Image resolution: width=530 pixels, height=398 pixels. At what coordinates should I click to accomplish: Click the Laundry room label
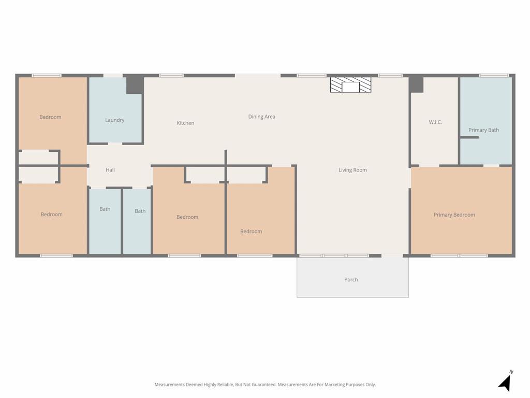click(x=114, y=120)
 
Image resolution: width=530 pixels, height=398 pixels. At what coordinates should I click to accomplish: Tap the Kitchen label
click(x=185, y=123)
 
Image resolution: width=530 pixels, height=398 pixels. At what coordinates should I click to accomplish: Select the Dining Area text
click(x=261, y=117)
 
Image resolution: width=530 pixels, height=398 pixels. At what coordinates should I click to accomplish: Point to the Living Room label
click(x=352, y=170)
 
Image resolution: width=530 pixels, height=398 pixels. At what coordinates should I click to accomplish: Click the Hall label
click(x=110, y=170)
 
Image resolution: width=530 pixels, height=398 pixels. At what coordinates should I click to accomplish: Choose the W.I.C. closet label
click(x=435, y=122)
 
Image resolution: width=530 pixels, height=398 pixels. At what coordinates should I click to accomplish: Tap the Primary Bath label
click(x=483, y=130)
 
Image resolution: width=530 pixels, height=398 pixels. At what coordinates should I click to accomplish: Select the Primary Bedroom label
click(x=454, y=215)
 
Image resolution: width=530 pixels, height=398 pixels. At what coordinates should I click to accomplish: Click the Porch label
click(x=351, y=280)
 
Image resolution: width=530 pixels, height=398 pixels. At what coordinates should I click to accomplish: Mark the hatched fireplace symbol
click(x=351, y=85)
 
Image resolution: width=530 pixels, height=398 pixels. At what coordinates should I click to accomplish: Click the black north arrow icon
click(x=505, y=383)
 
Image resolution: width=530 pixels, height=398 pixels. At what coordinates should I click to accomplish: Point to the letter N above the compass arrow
click(x=511, y=372)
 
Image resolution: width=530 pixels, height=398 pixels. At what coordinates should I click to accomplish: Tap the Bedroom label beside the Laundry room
click(x=50, y=117)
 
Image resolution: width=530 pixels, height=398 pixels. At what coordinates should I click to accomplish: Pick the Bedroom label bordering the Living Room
click(x=251, y=232)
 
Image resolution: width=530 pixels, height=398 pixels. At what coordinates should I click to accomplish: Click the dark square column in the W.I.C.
click(x=416, y=84)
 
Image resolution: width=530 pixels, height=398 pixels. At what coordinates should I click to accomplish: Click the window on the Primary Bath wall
click(x=494, y=76)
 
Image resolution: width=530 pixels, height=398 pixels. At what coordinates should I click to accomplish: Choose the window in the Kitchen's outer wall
click(x=171, y=76)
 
